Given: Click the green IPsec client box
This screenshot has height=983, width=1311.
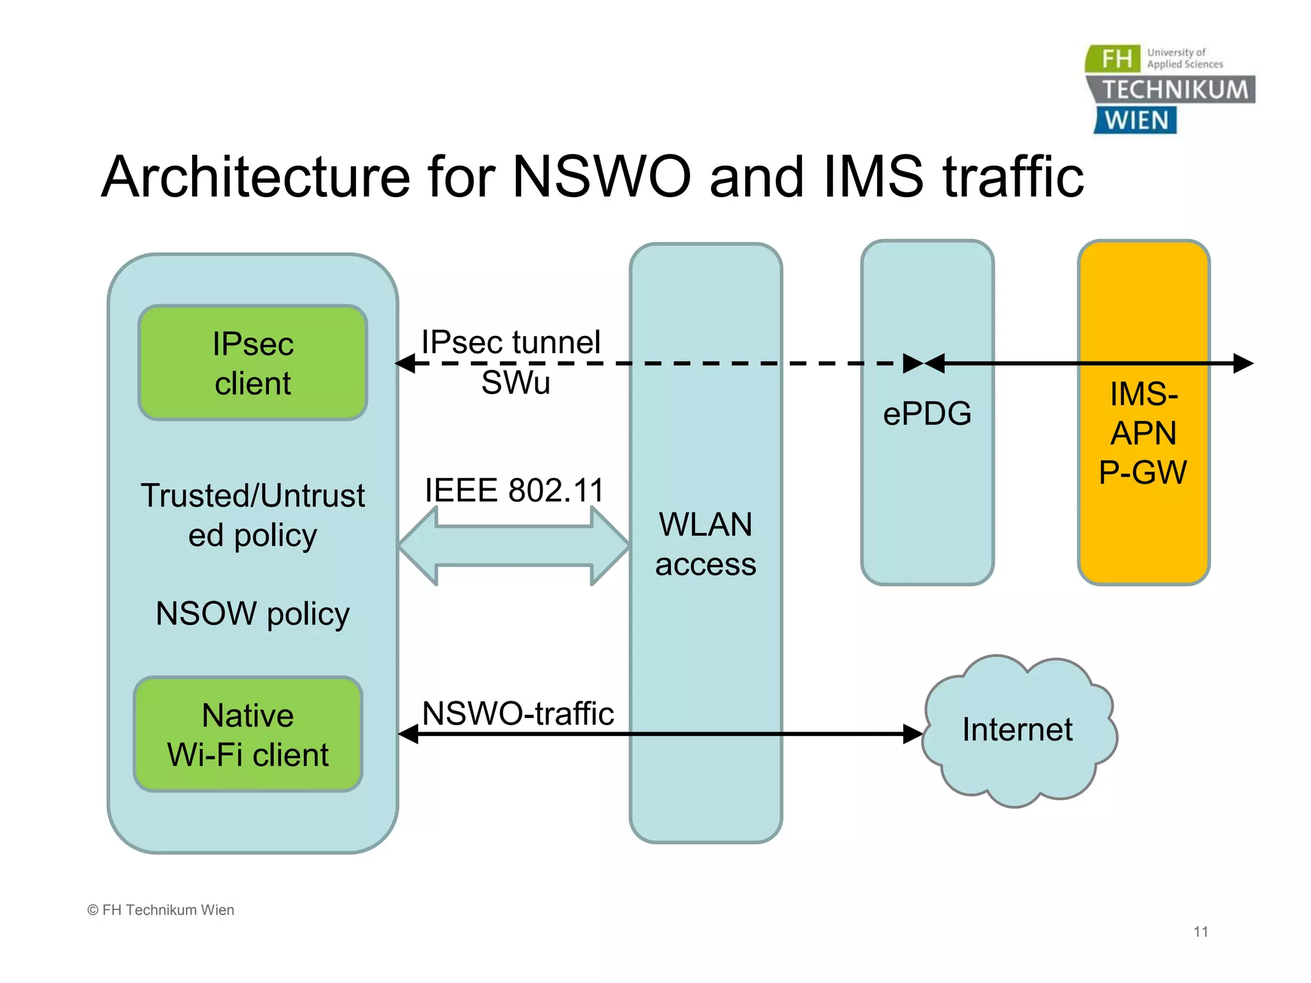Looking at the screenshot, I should tap(253, 363).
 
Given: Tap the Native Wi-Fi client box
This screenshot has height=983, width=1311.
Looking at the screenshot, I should tap(248, 735).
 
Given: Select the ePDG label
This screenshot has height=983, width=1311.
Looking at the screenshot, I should tap(927, 413).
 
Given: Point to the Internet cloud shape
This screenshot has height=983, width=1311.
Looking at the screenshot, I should tap(1018, 730).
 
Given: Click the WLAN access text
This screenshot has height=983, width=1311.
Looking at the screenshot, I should tap(705, 544).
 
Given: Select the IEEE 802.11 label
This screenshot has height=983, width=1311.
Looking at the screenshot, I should tap(515, 490).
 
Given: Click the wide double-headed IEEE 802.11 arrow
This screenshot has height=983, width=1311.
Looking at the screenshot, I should tap(514, 546).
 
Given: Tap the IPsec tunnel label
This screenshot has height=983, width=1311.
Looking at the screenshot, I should tap(511, 342).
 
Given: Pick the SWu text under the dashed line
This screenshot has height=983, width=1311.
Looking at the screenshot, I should tap(515, 383).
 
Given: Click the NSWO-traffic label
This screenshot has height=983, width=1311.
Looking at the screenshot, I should tap(518, 713).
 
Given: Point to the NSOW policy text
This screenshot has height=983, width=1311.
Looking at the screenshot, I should tap(253, 613).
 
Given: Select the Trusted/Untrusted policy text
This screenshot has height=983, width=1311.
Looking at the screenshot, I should tap(253, 515).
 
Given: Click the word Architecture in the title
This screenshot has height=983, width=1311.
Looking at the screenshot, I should tap(256, 177).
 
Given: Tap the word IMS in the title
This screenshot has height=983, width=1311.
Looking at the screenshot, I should tap(874, 177).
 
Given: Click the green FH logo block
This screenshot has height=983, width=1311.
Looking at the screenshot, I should tap(1114, 59).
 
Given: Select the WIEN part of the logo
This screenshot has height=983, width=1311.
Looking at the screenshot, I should tap(1136, 120).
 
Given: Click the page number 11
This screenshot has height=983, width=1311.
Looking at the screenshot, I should tap(1200, 932).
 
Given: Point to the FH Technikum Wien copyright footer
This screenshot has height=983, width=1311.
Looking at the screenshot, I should tap(161, 910).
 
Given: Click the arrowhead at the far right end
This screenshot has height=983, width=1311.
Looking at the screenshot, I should tap(1244, 364).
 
